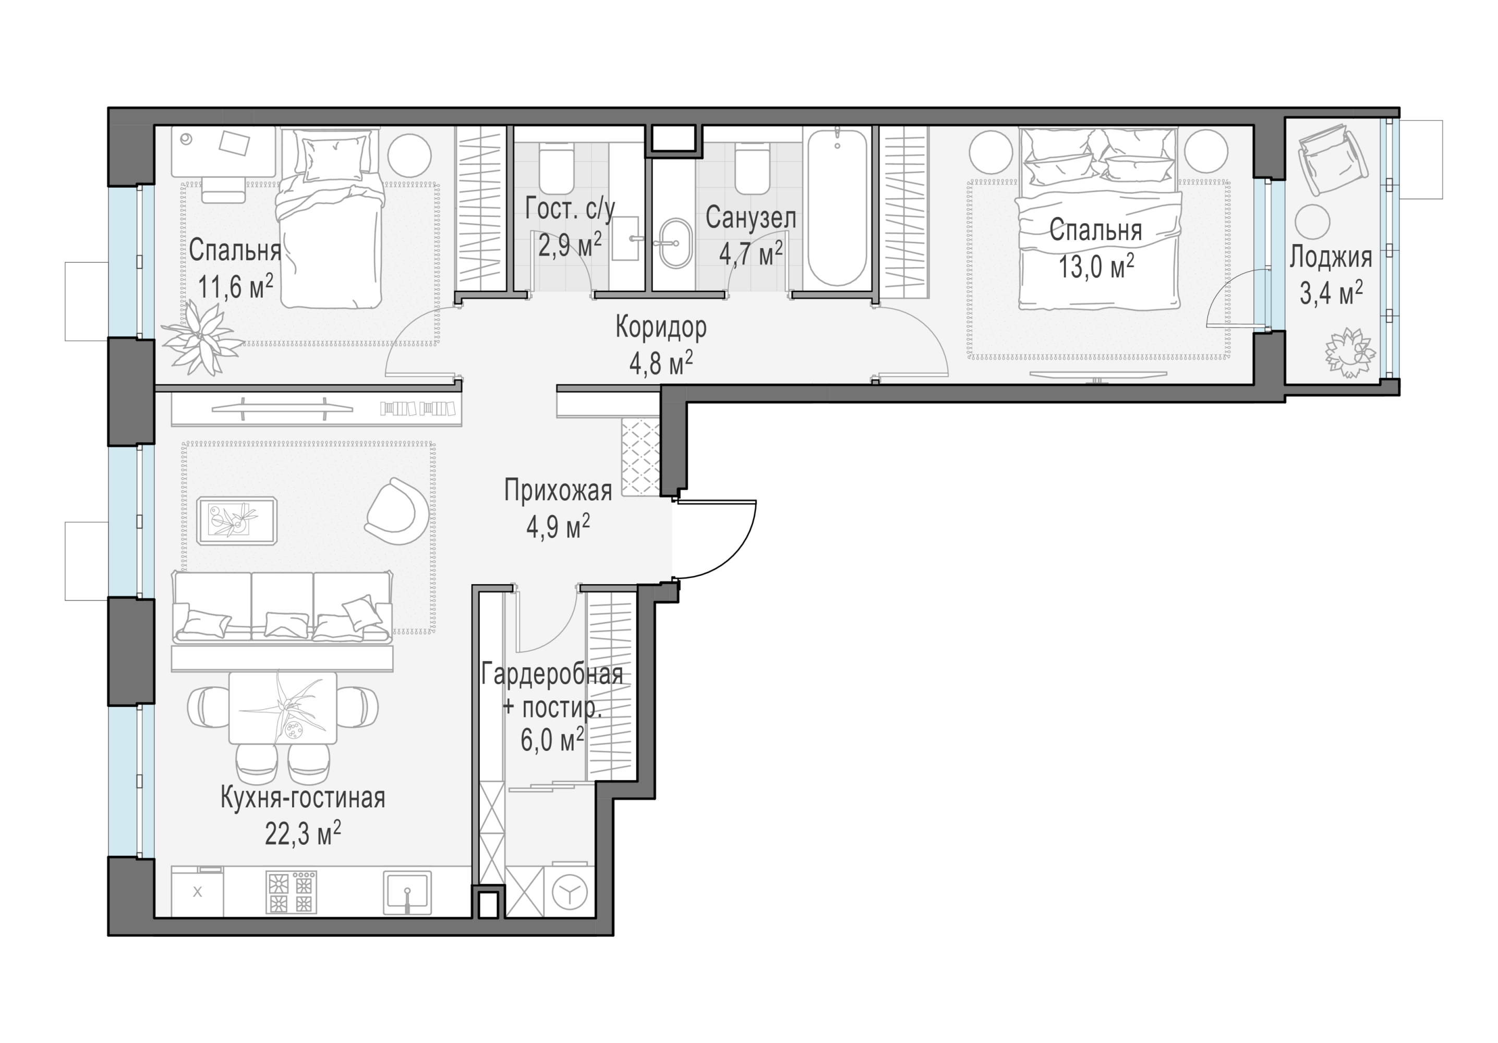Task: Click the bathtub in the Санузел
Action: [838, 208]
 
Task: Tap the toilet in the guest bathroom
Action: [557, 168]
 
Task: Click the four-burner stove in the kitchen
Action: [291, 891]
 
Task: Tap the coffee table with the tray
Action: [237, 520]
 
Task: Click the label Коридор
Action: [661, 328]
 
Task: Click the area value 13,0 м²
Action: [1096, 267]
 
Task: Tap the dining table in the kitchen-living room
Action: [283, 708]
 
